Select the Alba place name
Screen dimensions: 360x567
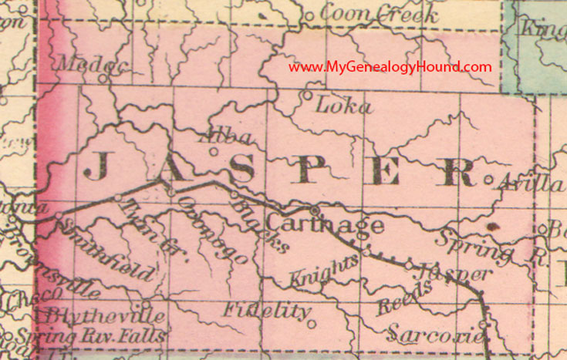click(x=225, y=138)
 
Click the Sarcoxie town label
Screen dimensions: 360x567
click(x=437, y=335)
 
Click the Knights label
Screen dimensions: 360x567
click(x=326, y=268)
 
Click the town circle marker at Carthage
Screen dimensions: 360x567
click(x=315, y=209)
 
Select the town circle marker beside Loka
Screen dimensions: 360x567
click(x=306, y=96)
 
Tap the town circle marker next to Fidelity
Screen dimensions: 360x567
click(x=311, y=324)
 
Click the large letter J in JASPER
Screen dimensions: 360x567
click(x=96, y=166)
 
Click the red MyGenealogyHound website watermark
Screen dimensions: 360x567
click(x=390, y=66)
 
